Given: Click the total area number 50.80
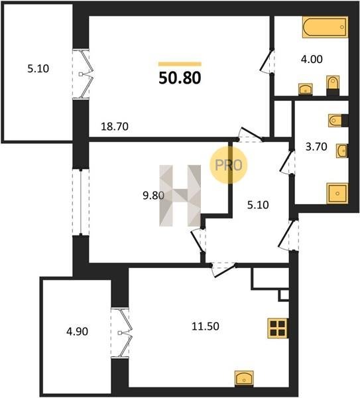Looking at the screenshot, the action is [180, 78].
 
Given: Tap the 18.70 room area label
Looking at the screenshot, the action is [115, 127].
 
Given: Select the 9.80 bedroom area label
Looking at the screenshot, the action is [154, 196].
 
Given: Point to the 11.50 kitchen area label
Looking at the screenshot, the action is [206, 326].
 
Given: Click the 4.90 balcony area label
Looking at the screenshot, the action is [77, 332].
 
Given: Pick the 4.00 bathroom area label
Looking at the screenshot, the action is [312, 59].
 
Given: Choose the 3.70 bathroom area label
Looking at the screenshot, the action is [316, 147].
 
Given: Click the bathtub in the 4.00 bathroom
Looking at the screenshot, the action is [325, 27].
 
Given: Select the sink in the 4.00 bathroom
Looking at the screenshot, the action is [306, 90].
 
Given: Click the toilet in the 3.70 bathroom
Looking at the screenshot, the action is [338, 121].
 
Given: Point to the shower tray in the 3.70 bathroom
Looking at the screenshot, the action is [337, 193].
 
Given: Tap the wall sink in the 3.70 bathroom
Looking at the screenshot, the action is [342, 151].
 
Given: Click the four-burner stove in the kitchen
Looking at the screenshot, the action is [278, 328].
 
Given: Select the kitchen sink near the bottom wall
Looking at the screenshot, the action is [244, 379].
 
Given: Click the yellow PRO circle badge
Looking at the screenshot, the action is [229, 165].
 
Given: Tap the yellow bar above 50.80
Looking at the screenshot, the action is [180, 64].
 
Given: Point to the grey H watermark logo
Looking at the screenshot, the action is [180, 196].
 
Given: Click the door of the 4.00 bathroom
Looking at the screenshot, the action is [268, 62].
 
